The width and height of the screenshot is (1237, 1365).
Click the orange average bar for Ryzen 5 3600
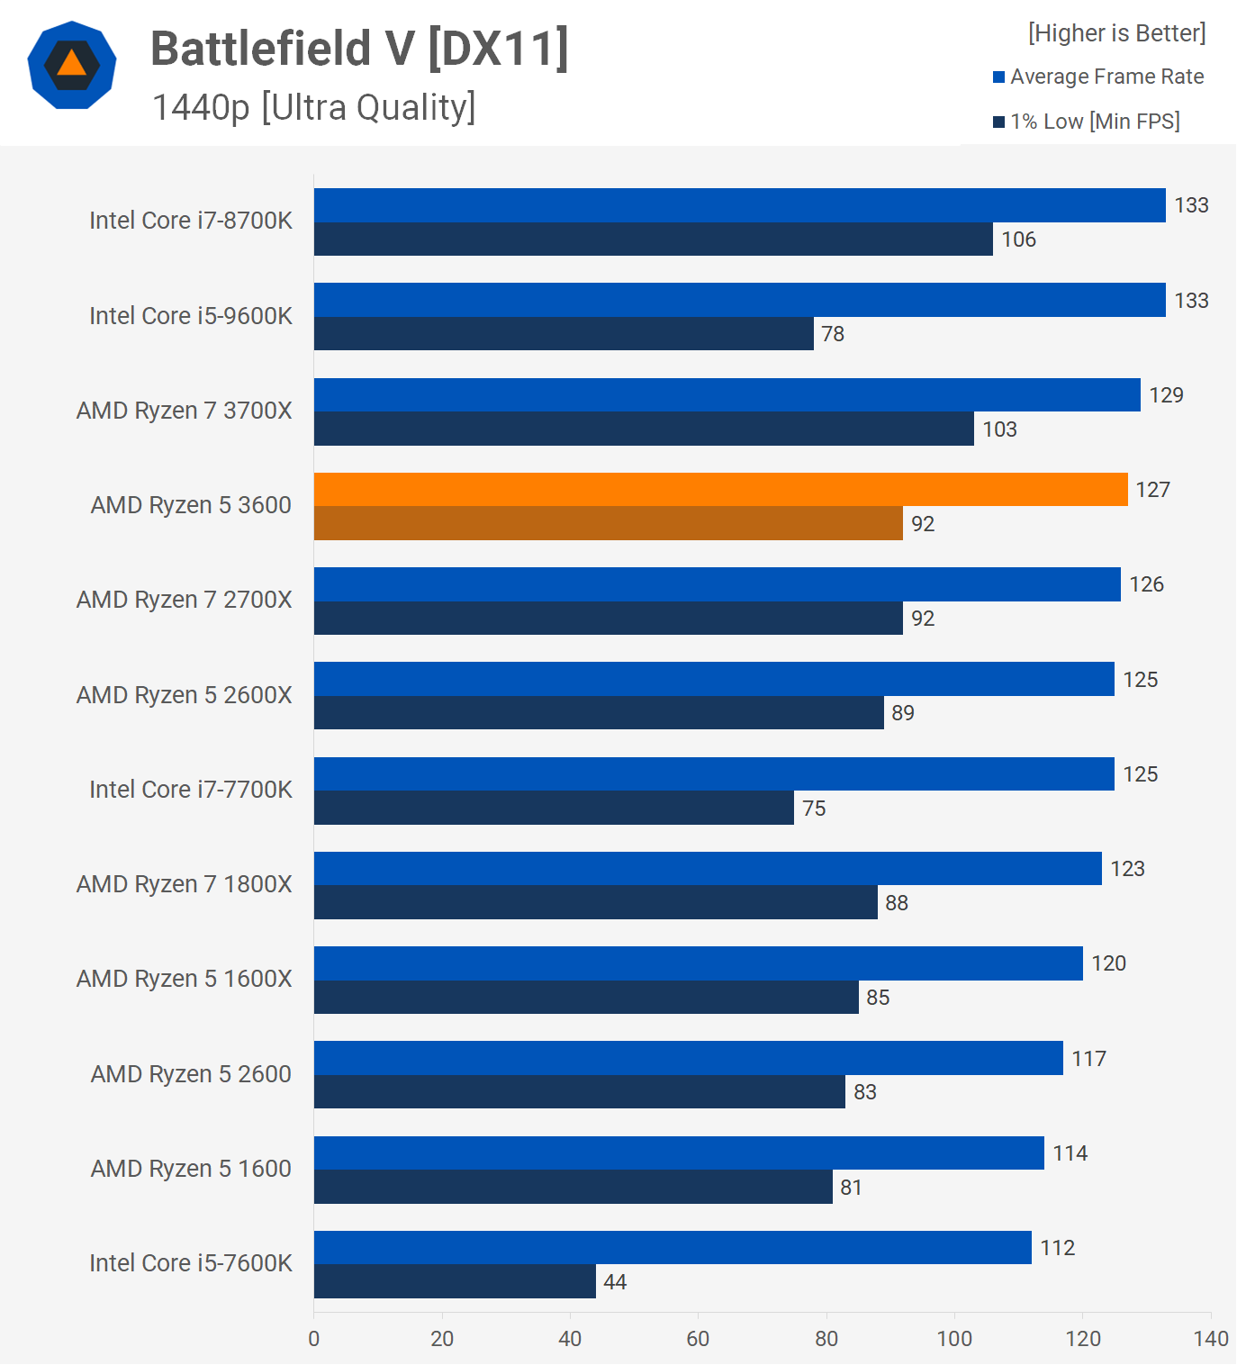click(x=720, y=490)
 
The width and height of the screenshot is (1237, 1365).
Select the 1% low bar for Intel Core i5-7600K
click(x=455, y=1281)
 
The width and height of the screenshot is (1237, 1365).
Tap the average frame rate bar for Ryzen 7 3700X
click(x=727, y=395)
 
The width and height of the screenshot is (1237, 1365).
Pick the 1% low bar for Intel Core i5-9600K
click(x=564, y=334)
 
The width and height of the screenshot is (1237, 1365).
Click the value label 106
click(x=1018, y=240)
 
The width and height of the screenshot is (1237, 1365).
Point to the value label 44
click(x=615, y=1282)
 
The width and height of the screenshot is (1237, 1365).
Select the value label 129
click(x=1166, y=395)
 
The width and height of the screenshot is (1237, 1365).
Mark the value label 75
click(x=814, y=809)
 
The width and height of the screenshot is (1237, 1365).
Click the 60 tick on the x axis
click(x=698, y=1339)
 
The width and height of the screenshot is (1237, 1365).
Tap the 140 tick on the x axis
click(x=1211, y=1339)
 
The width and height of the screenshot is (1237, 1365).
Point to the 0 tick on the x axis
click(x=314, y=1339)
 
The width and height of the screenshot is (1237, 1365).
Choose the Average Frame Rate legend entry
click(x=1098, y=77)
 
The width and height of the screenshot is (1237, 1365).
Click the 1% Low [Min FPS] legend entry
click(x=1087, y=122)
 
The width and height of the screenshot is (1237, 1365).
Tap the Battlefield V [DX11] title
click(x=359, y=49)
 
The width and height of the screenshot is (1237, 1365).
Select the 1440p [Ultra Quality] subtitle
click(x=313, y=107)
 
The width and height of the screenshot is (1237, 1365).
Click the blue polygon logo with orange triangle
click(x=72, y=65)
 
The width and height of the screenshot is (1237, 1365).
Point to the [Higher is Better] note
click(x=1116, y=33)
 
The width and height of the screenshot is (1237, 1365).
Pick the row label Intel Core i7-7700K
click(x=191, y=790)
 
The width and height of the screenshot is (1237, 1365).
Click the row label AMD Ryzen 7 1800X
click(x=185, y=884)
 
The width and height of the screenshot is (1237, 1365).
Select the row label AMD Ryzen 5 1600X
click(x=185, y=979)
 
